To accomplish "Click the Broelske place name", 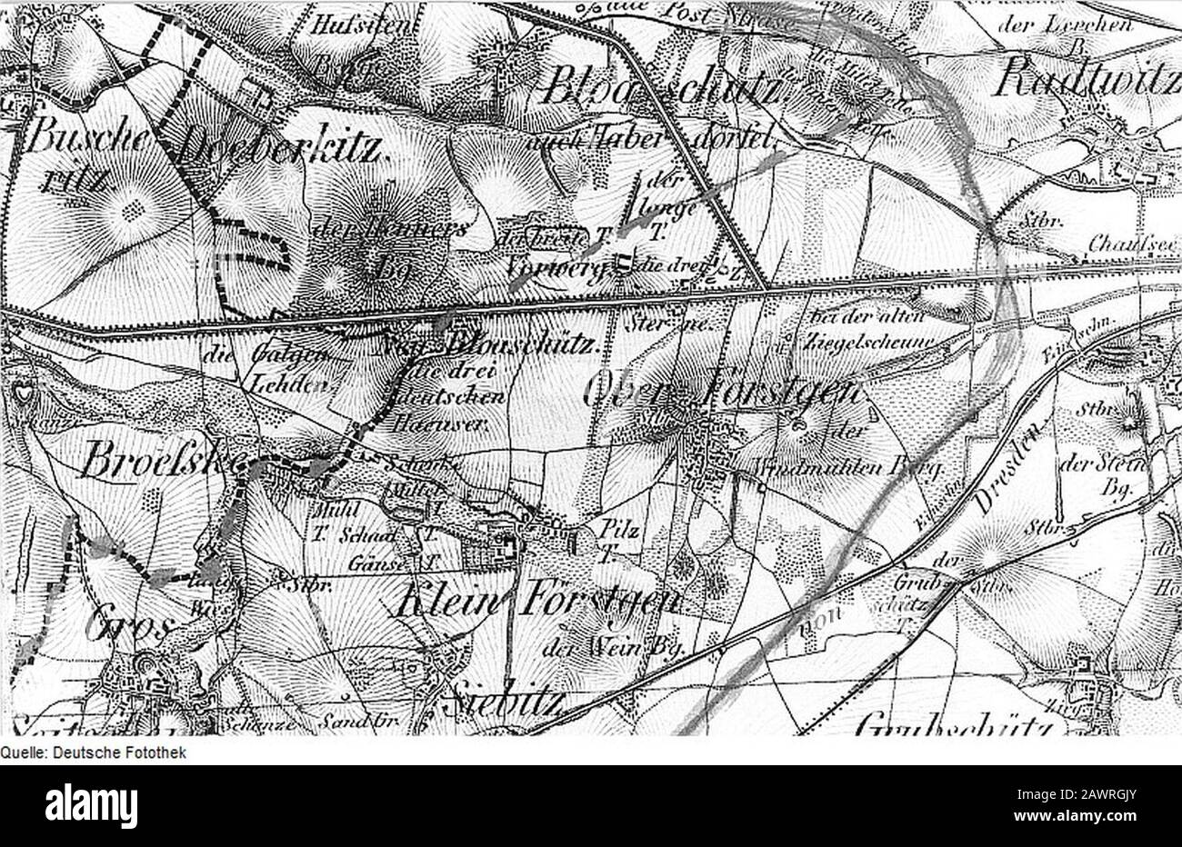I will (159, 464).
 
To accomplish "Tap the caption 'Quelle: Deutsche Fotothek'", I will (94, 750).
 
